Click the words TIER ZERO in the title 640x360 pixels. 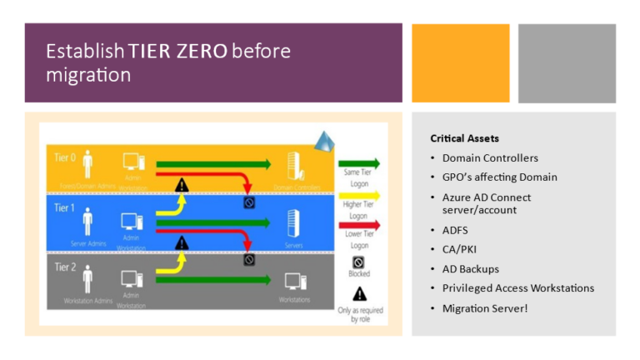(177, 52)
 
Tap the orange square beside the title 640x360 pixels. (460, 62)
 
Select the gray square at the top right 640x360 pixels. (567, 62)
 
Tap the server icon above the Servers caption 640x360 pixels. (292, 222)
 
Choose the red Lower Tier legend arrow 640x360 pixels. (359, 225)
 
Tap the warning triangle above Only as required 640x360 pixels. (359, 293)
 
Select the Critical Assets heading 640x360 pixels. (464, 137)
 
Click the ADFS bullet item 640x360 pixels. (457, 229)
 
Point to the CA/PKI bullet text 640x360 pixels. (461, 248)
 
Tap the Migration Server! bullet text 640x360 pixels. (484, 308)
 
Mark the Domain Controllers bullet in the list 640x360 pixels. (490, 157)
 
